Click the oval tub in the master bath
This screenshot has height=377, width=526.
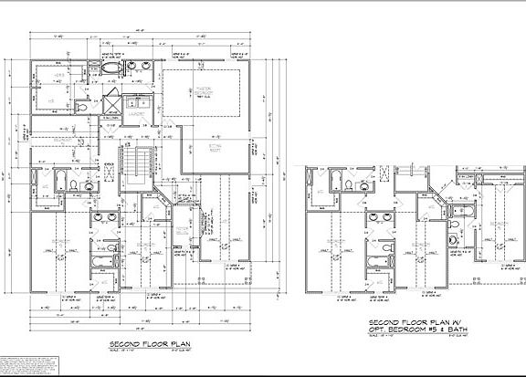(111, 69)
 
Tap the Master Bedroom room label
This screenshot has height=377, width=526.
(204, 90)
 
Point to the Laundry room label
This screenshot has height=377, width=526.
(139, 115)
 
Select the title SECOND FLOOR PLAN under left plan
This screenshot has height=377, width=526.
(149, 344)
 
